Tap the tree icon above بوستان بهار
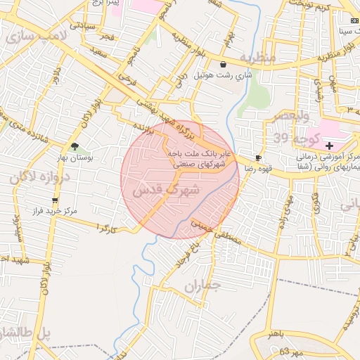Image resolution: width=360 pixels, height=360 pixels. point(75,147)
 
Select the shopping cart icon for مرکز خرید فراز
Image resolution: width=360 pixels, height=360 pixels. point(55,200)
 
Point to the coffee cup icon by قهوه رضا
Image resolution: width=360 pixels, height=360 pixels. point(259,157)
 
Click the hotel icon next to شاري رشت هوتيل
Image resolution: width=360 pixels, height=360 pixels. point(223,65)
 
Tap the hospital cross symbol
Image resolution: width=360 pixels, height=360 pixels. point(330,145)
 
